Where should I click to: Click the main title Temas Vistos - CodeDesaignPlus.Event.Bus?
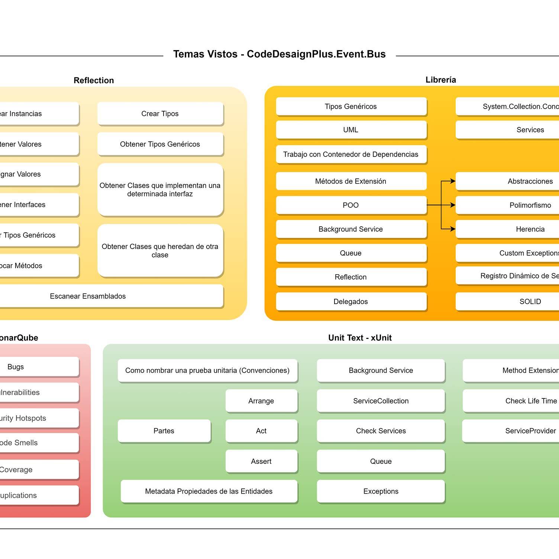coord(279,54)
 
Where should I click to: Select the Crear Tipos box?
coord(160,114)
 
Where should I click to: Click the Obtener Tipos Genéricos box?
coord(160,144)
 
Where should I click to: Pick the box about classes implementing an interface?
coord(160,190)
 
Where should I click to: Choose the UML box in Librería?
coord(351,130)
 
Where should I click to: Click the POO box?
coord(351,205)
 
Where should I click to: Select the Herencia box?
coord(520,229)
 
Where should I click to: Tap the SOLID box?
coord(520,301)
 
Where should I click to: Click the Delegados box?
coord(351,301)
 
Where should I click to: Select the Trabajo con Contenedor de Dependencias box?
coord(351,154)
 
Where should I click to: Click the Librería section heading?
coord(441,80)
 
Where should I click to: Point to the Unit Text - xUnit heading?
coord(360,338)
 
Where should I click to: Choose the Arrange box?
coord(261,401)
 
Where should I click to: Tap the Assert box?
coord(261,461)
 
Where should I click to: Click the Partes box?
coord(164,431)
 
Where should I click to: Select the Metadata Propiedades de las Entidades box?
coord(209,491)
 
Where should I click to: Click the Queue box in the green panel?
coord(381,461)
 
